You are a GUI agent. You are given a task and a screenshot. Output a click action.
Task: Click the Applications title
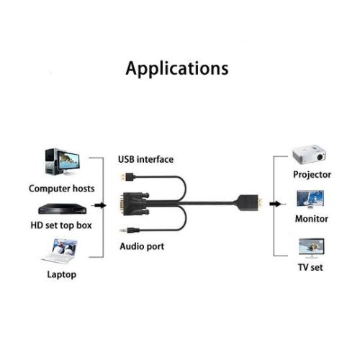click(x=177, y=69)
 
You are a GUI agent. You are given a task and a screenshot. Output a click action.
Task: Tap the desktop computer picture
click(x=63, y=162)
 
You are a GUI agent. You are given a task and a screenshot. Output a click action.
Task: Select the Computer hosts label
click(x=62, y=189)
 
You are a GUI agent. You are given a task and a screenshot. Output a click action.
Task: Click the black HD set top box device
click(x=63, y=209)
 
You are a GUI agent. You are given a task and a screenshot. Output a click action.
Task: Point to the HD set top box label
click(x=61, y=225)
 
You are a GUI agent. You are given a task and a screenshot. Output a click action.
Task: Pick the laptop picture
click(x=60, y=251)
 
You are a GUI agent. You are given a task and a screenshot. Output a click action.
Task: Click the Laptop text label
click(x=62, y=274)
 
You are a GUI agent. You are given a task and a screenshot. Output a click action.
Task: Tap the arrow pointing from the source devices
click(x=99, y=205)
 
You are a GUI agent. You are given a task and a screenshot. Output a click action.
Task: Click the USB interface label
click(x=146, y=159)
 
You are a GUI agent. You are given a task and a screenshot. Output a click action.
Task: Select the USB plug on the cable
click(x=127, y=177)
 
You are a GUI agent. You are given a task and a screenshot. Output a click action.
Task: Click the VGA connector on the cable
click(x=135, y=204)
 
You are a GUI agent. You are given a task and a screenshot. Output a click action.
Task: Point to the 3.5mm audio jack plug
click(x=130, y=231)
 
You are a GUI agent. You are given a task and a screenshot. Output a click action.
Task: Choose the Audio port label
click(x=142, y=246)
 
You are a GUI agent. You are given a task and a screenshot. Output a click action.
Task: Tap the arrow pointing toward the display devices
click(x=276, y=204)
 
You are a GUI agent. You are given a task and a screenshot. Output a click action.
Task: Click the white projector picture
click(x=309, y=154)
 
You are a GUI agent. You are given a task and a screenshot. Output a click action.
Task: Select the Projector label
click(x=312, y=174)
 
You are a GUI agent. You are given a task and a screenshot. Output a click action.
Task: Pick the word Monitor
click(x=312, y=219)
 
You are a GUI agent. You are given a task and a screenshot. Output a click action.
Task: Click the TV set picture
click(x=311, y=248)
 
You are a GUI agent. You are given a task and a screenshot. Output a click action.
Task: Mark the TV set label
click(x=310, y=267)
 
